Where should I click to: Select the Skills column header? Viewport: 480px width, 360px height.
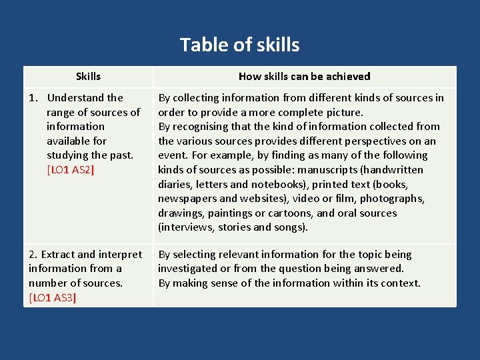click(88, 77)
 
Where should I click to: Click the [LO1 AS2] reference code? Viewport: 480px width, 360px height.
click(71, 170)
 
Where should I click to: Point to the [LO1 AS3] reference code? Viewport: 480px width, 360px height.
click(53, 297)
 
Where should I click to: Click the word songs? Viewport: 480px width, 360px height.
click(290, 227)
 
